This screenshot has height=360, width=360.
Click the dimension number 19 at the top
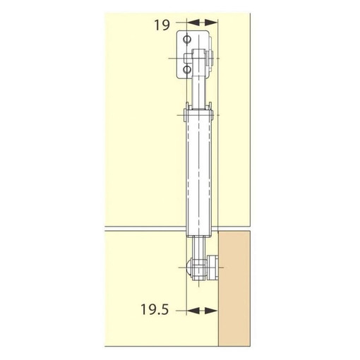(x=162, y=25)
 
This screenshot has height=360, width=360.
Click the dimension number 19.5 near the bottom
(x=155, y=309)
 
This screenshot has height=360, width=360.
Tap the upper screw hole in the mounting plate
(x=187, y=39)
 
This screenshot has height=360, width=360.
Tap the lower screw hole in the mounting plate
(x=187, y=69)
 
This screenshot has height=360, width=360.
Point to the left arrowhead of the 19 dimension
(x=193, y=23)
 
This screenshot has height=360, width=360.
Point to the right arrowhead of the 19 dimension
(x=211, y=23)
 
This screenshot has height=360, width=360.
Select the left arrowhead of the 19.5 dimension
(x=193, y=311)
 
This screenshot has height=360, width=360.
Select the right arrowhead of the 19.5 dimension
(x=211, y=311)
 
